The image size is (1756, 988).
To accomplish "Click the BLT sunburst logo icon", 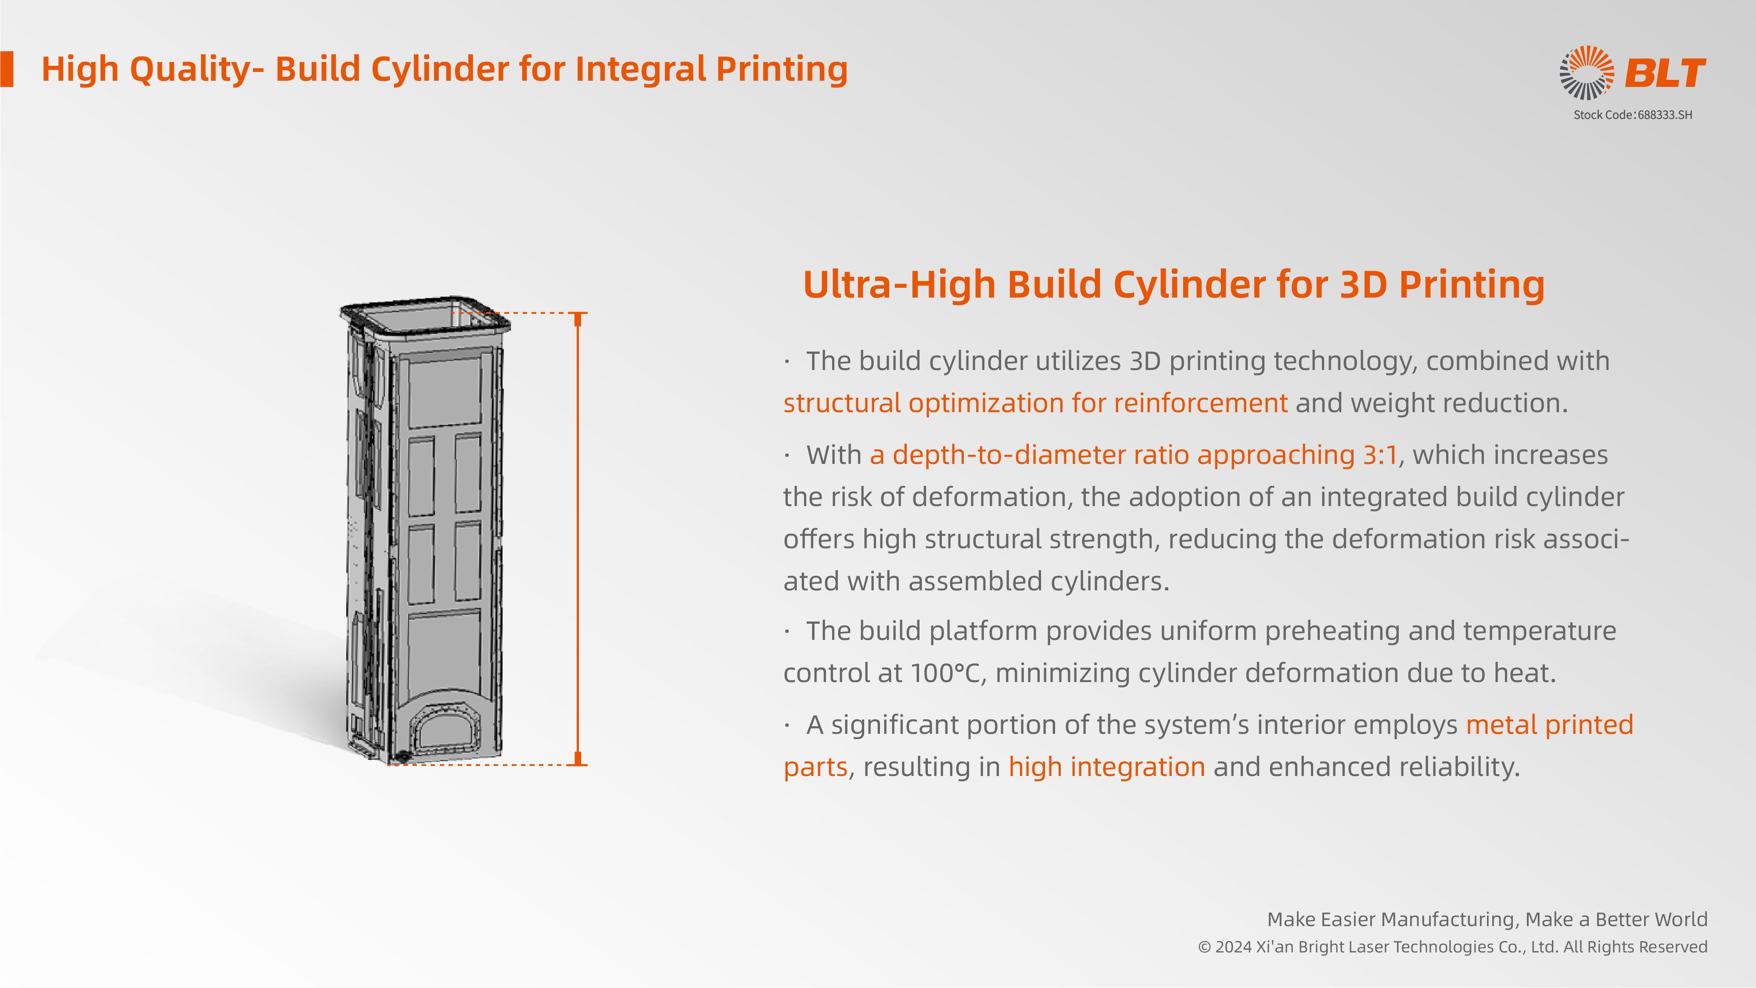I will pyautogui.click(x=1586, y=72).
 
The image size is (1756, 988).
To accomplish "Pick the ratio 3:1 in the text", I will pyautogui.click(x=1380, y=455).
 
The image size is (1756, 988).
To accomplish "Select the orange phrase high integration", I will pyautogui.click(x=1106, y=767).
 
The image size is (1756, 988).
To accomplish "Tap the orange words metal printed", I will pyautogui.click(x=1549, y=725).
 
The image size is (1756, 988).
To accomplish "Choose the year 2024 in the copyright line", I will pyautogui.click(x=1233, y=947).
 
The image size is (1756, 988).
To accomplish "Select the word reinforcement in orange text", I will pyautogui.click(x=1200, y=403).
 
